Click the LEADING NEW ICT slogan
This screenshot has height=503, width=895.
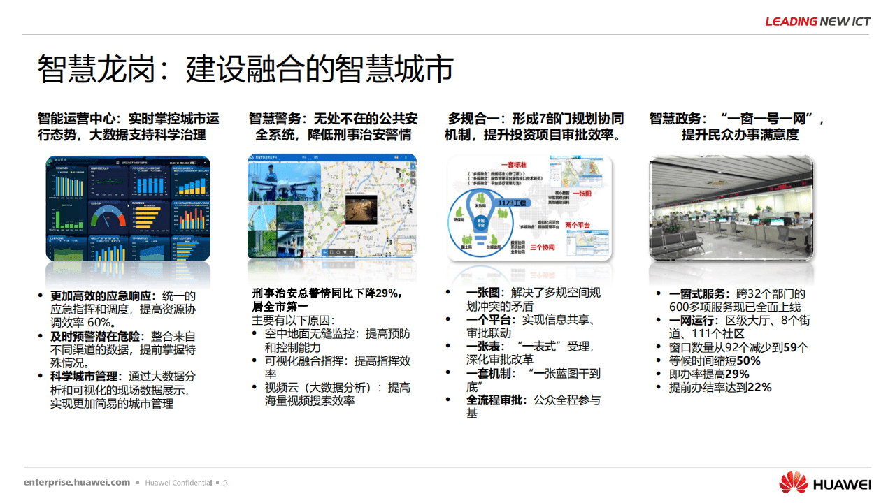[817, 22]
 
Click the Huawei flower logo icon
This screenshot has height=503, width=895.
[793, 482]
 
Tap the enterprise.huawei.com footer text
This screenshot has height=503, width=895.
[77, 482]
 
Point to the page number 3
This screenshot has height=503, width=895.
[225, 483]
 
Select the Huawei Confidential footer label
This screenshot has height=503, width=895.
[178, 483]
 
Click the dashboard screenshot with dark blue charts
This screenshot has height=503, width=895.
[128, 207]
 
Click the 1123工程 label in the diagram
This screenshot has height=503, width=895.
[510, 203]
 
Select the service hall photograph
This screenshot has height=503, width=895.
[731, 207]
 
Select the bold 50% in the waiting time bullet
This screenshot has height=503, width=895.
[748, 360]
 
